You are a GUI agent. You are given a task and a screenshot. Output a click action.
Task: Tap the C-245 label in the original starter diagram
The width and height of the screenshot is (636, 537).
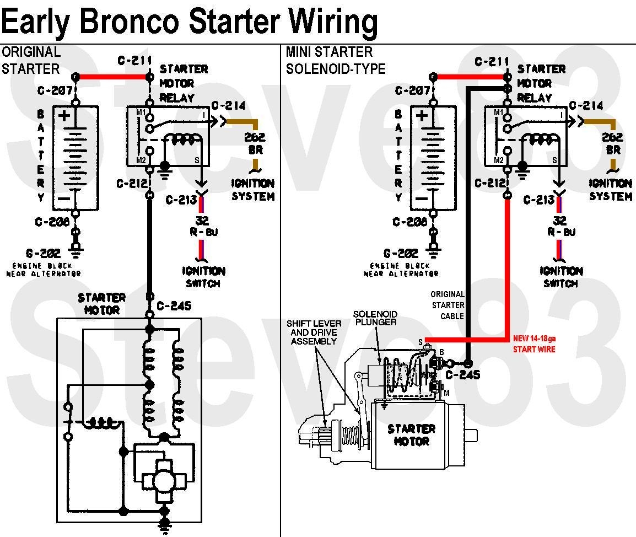(x=174, y=305)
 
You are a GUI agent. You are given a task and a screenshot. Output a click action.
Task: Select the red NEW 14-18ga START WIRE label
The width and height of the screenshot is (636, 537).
(x=533, y=344)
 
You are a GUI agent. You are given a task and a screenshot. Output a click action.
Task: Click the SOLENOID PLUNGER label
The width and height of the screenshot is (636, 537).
(x=375, y=318)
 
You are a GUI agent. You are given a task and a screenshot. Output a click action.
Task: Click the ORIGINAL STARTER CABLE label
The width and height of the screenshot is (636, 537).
(x=448, y=305)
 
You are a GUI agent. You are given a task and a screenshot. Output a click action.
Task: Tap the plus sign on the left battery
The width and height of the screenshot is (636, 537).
(x=64, y=116)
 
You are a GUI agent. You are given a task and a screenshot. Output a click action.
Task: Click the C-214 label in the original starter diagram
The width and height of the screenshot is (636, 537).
(x=228, y=106)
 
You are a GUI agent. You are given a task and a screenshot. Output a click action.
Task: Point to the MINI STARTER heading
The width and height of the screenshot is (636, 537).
(x=330, y=52)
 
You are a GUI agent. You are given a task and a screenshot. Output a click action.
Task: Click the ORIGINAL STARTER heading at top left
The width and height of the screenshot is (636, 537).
(x=31, y=60)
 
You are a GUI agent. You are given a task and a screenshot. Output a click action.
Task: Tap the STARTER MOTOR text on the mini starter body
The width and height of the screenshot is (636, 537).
(x=411, y=435)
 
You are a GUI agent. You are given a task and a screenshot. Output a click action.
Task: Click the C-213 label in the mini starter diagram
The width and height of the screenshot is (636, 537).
(x=539, y=200)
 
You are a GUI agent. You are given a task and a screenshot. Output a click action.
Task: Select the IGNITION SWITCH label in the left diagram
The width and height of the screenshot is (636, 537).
(x=203, y=277)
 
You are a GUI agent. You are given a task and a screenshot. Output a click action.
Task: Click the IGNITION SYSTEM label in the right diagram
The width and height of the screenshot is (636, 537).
(x=611, y=190)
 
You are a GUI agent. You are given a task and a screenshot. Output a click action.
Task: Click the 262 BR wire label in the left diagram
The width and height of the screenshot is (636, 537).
(x=254, y=143)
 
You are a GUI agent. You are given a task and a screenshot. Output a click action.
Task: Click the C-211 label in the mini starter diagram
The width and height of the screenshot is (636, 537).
(x=492, y=61)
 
